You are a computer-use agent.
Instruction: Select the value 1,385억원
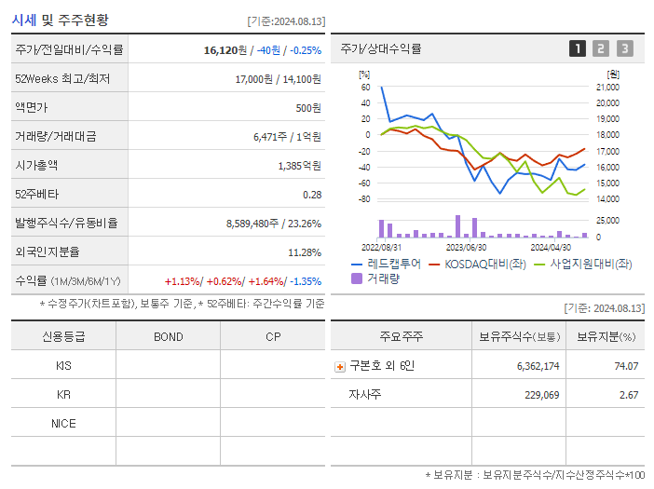tap(299, 165)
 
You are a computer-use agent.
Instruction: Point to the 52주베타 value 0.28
tap(311, 194)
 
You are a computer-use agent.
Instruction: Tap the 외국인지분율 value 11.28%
tap(305, 251)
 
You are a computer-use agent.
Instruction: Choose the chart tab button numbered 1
tap(578, 48)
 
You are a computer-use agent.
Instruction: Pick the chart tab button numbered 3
tap(624, 48)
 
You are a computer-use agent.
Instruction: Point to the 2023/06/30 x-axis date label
tap(466, 247)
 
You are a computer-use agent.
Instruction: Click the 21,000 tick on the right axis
tap(606, 88)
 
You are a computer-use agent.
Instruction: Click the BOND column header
tap(168, 336)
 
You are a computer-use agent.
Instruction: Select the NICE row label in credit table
tap(63, 423)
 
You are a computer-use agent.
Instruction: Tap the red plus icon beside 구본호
tap(339, 366)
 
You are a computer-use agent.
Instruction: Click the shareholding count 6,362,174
tap(538, 366)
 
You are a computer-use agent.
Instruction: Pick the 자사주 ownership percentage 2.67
tap(628, 395)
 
